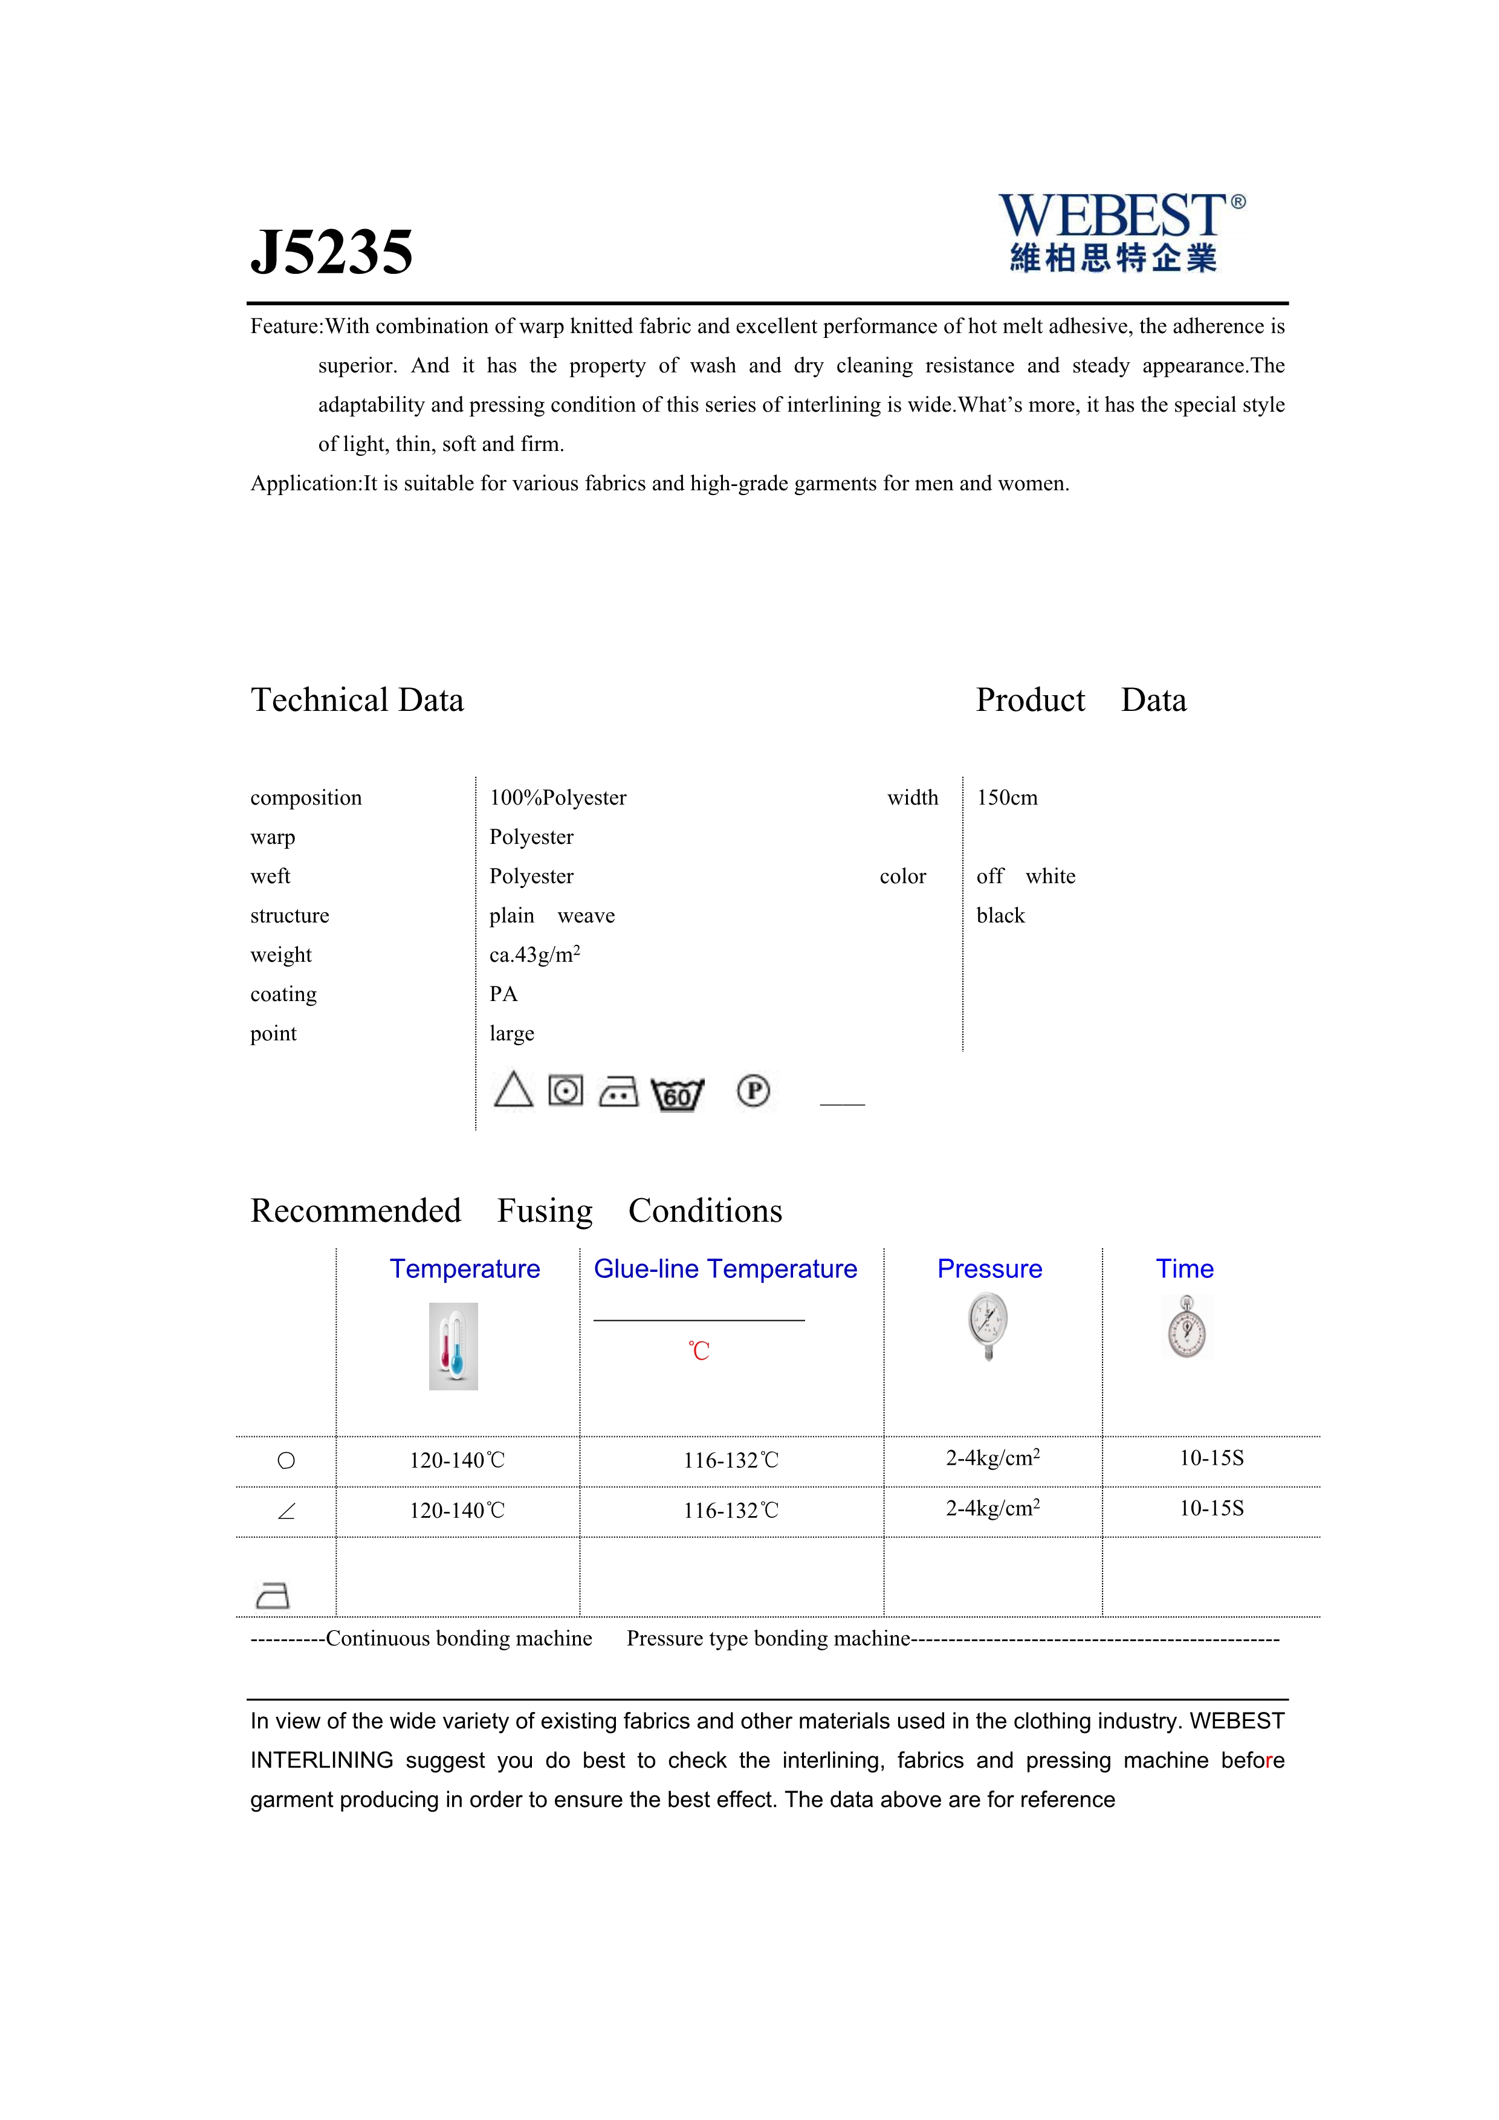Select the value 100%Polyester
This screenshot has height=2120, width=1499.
(x=557, y=798)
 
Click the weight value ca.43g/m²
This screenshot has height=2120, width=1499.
(x=534, y=955)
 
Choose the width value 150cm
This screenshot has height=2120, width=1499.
(x=1007, y=798)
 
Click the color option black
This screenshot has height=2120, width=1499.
(x=1000, y=916)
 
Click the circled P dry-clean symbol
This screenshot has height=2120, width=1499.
(x=753, y=1091)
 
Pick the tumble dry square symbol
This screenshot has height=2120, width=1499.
(x=566, y=1091)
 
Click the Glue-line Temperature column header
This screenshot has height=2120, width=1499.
(x=725, y=1269)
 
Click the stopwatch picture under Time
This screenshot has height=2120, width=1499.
(x=1186, y=1327)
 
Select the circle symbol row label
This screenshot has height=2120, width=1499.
(x=286, y=1460)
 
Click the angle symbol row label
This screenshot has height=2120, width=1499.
(x=286, y=1511)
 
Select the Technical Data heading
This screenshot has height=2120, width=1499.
(x=357, y=701)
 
